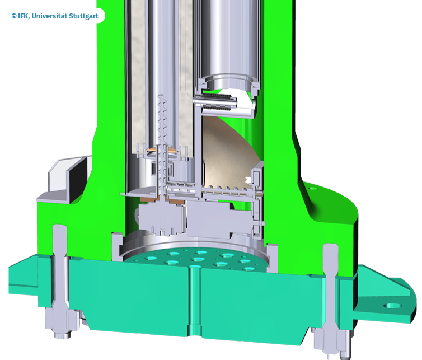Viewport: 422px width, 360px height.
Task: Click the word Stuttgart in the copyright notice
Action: [84, 16]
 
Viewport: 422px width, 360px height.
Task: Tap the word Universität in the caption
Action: [49, 16]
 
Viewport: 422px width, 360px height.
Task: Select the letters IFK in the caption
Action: [24, 16]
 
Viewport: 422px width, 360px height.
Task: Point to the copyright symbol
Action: [14, 16]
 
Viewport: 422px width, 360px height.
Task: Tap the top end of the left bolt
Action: [59, 226]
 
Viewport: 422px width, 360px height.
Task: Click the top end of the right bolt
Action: [330, 245]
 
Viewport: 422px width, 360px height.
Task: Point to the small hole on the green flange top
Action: [312, 188]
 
